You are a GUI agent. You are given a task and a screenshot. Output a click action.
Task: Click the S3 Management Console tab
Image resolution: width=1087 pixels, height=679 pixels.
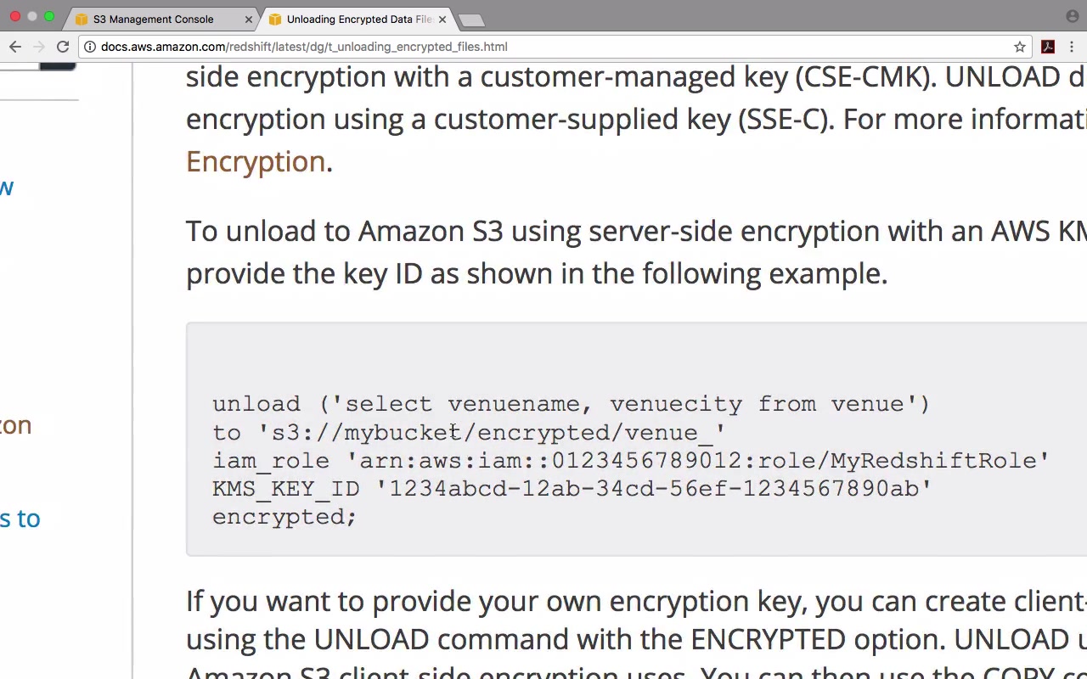[x=153, y=19]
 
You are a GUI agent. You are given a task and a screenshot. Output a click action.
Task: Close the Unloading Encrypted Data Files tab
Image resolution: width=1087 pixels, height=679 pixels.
[x=442, y=19]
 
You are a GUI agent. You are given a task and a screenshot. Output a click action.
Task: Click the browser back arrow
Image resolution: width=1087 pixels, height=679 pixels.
[x=14, y=47]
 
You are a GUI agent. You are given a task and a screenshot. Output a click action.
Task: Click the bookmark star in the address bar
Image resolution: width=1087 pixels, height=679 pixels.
[x=1020, y=47]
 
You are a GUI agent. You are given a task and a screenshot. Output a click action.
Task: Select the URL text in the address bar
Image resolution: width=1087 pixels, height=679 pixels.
[x=304, y=47]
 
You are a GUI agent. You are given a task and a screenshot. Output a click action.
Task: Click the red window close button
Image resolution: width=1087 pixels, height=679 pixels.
[x=15, y=16]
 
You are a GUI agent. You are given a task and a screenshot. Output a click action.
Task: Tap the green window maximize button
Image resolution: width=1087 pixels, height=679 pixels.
[x=49, y=16]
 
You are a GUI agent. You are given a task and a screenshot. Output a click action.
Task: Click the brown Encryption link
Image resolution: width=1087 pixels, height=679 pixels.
[x=256, y=161]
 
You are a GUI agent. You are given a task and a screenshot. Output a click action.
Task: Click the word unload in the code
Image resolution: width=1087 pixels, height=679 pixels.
[x=256, y=404]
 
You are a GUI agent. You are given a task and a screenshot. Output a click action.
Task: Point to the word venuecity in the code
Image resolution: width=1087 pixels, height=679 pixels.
[x=675, y=404]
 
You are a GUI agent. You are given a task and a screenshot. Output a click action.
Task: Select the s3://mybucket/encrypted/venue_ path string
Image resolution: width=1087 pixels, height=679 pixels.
[x=492, y=433]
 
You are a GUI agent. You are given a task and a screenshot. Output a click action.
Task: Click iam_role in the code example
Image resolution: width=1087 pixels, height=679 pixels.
[x=270, y=461]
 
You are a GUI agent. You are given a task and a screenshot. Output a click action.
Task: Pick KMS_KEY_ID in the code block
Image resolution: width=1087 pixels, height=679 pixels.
[x=285, y=489]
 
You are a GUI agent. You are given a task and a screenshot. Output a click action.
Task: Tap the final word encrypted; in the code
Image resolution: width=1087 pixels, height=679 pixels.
[x=284, y=517]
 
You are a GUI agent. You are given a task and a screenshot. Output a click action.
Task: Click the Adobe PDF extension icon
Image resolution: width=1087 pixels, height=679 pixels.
[x=1048, y=47]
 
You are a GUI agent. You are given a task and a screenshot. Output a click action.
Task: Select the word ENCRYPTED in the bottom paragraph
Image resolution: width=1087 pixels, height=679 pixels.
[x=768, y=639]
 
